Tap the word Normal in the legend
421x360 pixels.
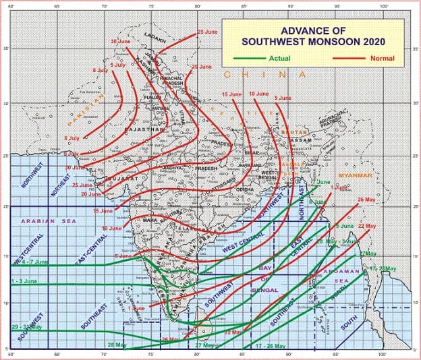point(382,58)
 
